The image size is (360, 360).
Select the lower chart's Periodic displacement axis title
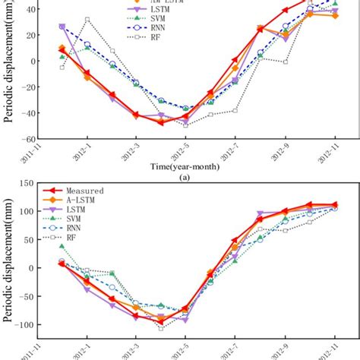click(x=8, y=262)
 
